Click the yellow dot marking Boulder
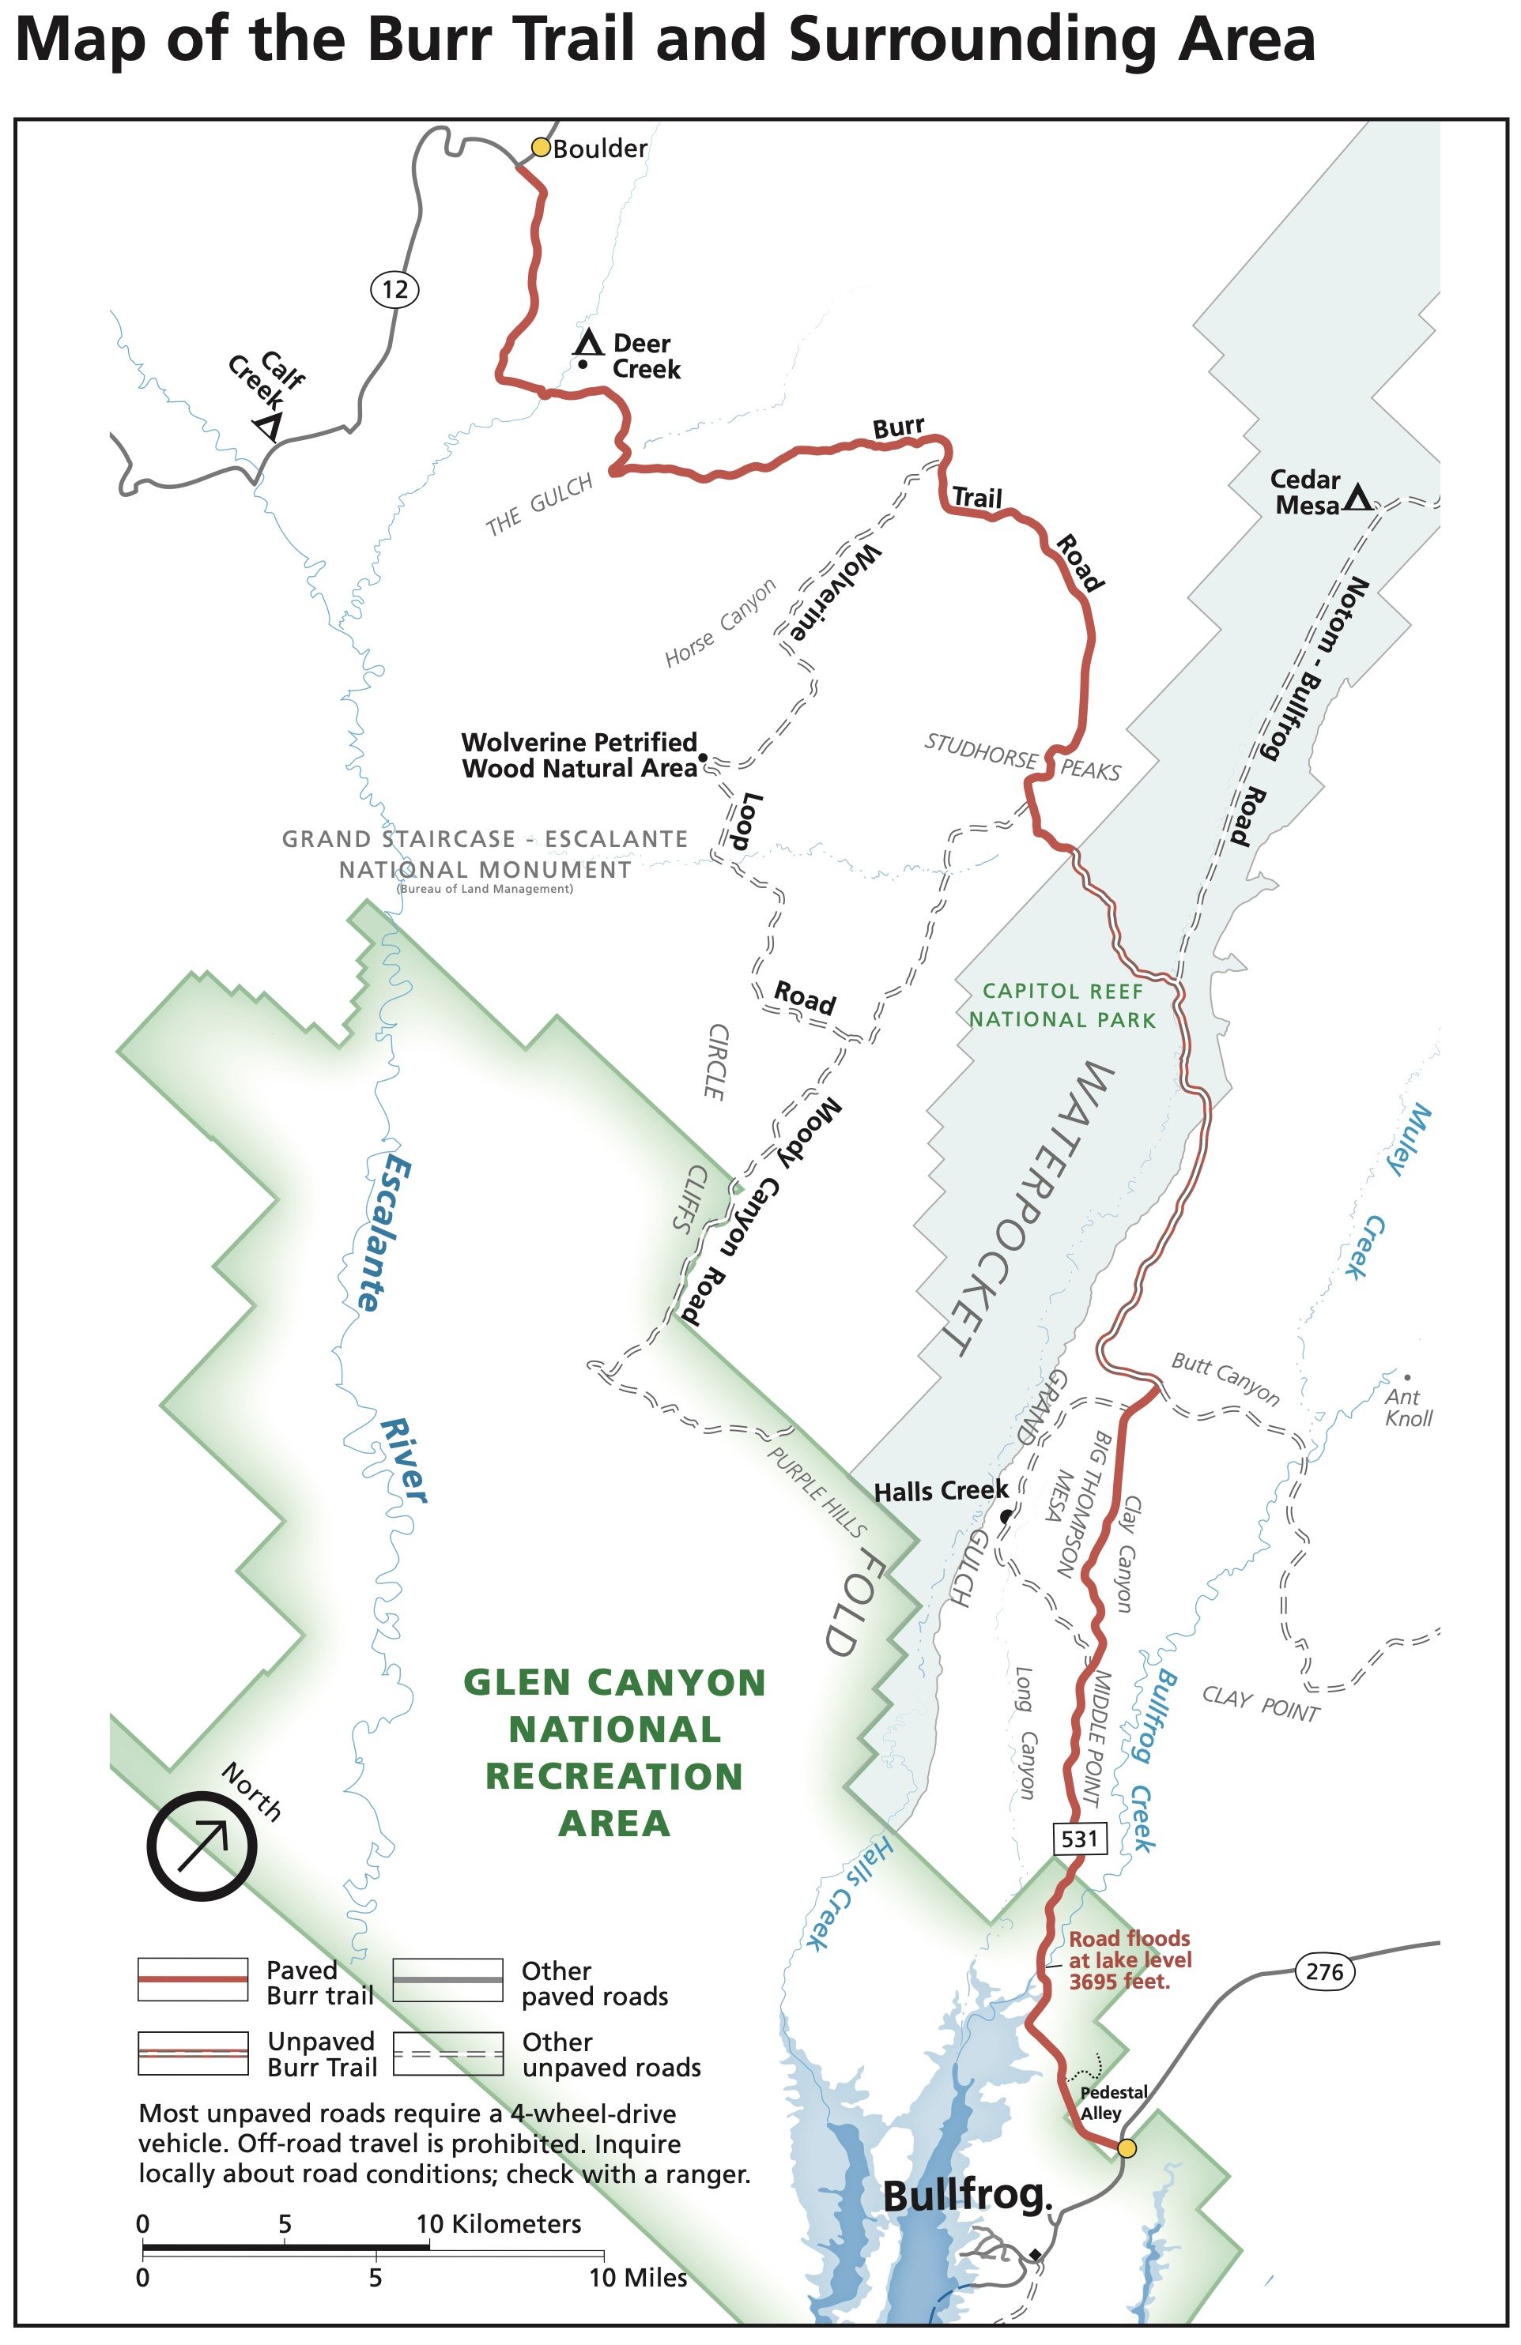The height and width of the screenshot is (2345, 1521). (540, 147)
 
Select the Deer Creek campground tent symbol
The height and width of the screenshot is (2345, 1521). (588, 343)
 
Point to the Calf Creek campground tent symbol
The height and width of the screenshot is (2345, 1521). (267, 426)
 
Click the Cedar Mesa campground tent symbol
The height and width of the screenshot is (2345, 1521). (1357, 498)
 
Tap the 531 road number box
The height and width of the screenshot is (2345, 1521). (1079, 1839)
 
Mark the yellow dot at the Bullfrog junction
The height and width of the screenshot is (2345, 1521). (1127, 2148)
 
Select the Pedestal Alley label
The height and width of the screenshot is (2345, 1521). (1113, 2102)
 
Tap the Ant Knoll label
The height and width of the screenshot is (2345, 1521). (1408, 1407)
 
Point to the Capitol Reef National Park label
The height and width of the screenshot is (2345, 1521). (1062, 1005)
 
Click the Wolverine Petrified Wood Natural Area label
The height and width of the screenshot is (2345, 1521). (579, 755)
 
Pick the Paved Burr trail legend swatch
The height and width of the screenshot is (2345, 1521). (192, 1978)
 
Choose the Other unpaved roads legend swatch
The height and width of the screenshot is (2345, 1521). (447, 2053)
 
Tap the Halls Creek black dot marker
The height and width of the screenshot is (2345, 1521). (1005, 1516)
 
